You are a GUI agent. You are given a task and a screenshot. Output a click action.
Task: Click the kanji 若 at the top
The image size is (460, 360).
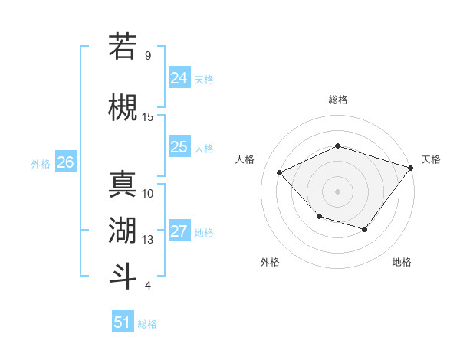123,46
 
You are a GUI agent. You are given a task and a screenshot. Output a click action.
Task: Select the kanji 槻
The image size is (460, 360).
123,107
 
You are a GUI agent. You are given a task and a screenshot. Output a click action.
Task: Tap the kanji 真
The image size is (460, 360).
123,184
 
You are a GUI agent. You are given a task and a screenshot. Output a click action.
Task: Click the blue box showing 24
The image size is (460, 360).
179,78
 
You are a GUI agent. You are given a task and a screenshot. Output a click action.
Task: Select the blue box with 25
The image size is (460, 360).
179,147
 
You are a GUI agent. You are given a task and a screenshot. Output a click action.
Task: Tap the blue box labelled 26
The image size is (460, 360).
65,162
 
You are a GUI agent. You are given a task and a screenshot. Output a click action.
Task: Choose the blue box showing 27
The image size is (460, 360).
179,231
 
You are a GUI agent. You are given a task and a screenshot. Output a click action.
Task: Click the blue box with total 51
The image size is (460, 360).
123,322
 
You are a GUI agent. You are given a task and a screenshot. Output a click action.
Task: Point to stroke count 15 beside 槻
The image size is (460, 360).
148,116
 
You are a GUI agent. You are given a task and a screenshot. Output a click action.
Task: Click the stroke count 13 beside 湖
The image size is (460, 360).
148,240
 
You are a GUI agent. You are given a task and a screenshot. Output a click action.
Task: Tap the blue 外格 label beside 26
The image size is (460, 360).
41,163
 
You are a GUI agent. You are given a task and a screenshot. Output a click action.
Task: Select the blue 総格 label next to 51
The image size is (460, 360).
147,324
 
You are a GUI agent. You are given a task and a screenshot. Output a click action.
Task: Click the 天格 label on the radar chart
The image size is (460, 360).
431,159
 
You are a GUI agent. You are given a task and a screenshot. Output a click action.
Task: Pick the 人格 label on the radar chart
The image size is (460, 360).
245,159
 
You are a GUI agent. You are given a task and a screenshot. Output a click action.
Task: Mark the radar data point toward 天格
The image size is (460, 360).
410,168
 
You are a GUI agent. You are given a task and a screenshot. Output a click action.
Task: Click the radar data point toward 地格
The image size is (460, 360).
365,229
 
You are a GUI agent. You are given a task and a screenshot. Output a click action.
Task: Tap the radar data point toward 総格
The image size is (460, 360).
337,146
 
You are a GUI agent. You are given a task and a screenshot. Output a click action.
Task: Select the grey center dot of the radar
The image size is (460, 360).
337,191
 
